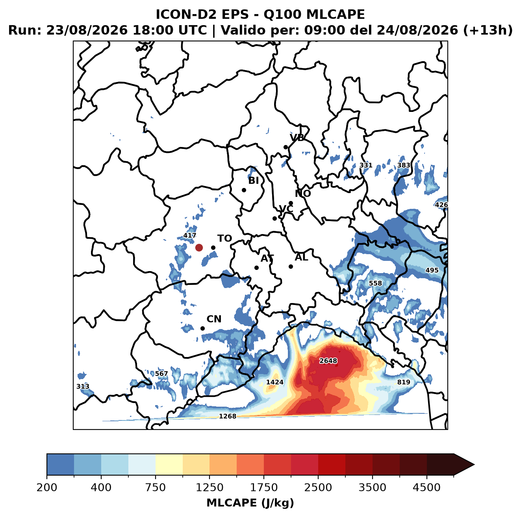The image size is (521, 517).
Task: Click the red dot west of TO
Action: pyautogui.click(x=199, y=247)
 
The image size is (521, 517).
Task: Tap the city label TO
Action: pyautogui.click(x=225, y=238)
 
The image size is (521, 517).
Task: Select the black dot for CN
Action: pyautogui.click(x=202, y=328)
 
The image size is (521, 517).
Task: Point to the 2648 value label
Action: pyautogui.click(x=328, y=361)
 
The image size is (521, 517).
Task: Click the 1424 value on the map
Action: pyautogui.click(x=275, y=382)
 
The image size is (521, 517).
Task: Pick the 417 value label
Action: pyautogui.click(x=189, y=235)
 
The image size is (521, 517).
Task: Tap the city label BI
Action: pyautogui.click(x=253, y=180)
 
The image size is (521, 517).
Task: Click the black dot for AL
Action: pyautogui.click(x=291, y=266)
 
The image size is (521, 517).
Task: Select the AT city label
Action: pyautogui.click(x=267, y=258)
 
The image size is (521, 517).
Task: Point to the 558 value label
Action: pyautogui.click(x=375, y=283)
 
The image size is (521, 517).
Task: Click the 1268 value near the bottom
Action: pyautogui.click(x=227, y=416)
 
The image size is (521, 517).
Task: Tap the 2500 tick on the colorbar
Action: pyautogui.click(x=318, y=487)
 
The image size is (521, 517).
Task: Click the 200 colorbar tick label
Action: pyautogui.click(x=47, y=487)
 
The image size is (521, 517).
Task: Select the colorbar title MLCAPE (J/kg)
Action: pyautogui.click(x=250, y=503)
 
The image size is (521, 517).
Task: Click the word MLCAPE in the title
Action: pyautogui.click(x=336, y=14)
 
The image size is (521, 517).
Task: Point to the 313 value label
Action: pyautogui.click(x=83, y=386)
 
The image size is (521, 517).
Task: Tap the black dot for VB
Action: pyautogui.click(x=286, y=147)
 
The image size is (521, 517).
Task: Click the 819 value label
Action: pyautogui.click(x=403, y=382)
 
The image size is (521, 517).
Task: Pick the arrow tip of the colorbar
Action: pyautogui.click(x=474, y=465)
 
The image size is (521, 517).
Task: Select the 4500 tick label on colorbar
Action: pyautogui.click(x=426, y=487)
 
